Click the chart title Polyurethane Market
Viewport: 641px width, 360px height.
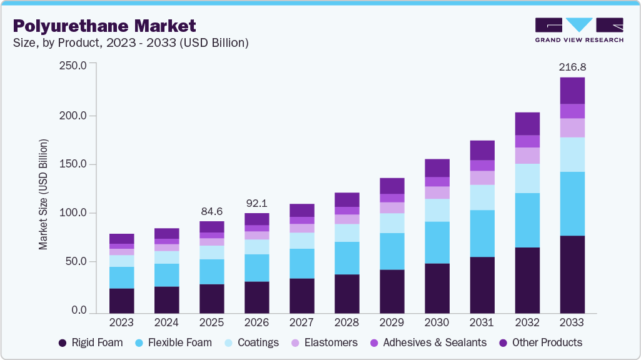pyautogui.click(x=104, y=26)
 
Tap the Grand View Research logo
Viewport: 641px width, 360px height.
pyautogui.click(x=578, y=30)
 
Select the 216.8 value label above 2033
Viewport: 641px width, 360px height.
pyautogui.click(x=572, y=67)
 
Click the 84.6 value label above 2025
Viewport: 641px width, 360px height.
pyautogui.click(x=211, y=211)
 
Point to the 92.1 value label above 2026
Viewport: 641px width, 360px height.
pyautogui.click(x=256, y=202)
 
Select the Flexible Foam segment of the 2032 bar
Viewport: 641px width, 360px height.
pyautogui.click(x=527, y=220)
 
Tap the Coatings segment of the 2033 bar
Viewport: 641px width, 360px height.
pyautogui.click(x=572, y=154)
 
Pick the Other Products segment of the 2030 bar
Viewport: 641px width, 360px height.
pyautogui.click(x=437, y=167)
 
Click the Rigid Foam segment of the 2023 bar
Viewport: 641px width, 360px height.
pyautogui.click(x=121, y=300)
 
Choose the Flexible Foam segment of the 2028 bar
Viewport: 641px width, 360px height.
pyautogui.click(x=346, y=257)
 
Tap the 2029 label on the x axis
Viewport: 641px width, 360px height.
pyautogui.click(x=391, y=322)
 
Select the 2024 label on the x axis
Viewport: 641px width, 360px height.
pyautogui.click(x=166, y=322)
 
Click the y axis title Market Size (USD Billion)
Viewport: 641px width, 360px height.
pyautogui.click(x=43, y=194)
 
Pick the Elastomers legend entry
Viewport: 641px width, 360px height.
pyautogui.click(x=327, y=342)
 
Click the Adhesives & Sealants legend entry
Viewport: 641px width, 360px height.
pyautogui.click(x=428, y=342)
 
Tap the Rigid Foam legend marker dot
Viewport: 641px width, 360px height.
pyautogui.click(x=63, y=342)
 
